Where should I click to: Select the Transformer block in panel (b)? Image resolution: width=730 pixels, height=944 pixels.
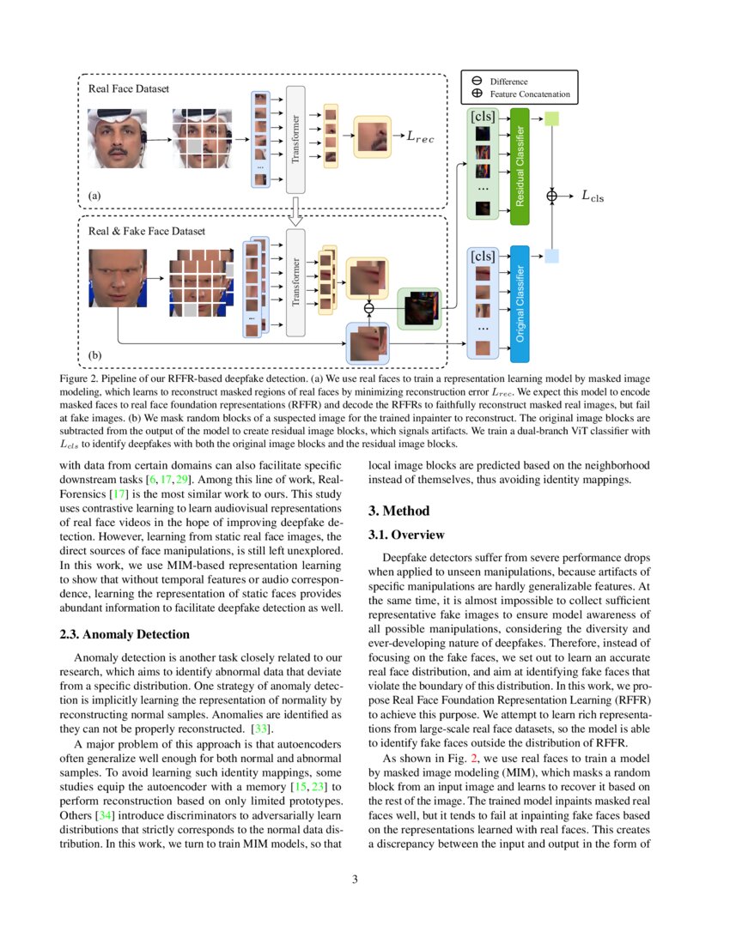(295, 282)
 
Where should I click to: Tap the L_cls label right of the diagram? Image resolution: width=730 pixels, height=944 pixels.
(593, 196)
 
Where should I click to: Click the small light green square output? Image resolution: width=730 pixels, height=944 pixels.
(552, 118)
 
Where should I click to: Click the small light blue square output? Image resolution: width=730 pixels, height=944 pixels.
(552, 255)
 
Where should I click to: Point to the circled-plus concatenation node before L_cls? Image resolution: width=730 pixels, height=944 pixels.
(552, 196)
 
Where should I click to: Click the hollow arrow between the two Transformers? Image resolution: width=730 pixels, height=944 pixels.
(295, 211)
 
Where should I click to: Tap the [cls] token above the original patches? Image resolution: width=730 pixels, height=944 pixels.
(483, 255)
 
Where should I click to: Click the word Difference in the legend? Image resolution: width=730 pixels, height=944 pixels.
(509, 82)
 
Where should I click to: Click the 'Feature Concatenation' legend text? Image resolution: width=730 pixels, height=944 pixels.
(529, 94)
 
